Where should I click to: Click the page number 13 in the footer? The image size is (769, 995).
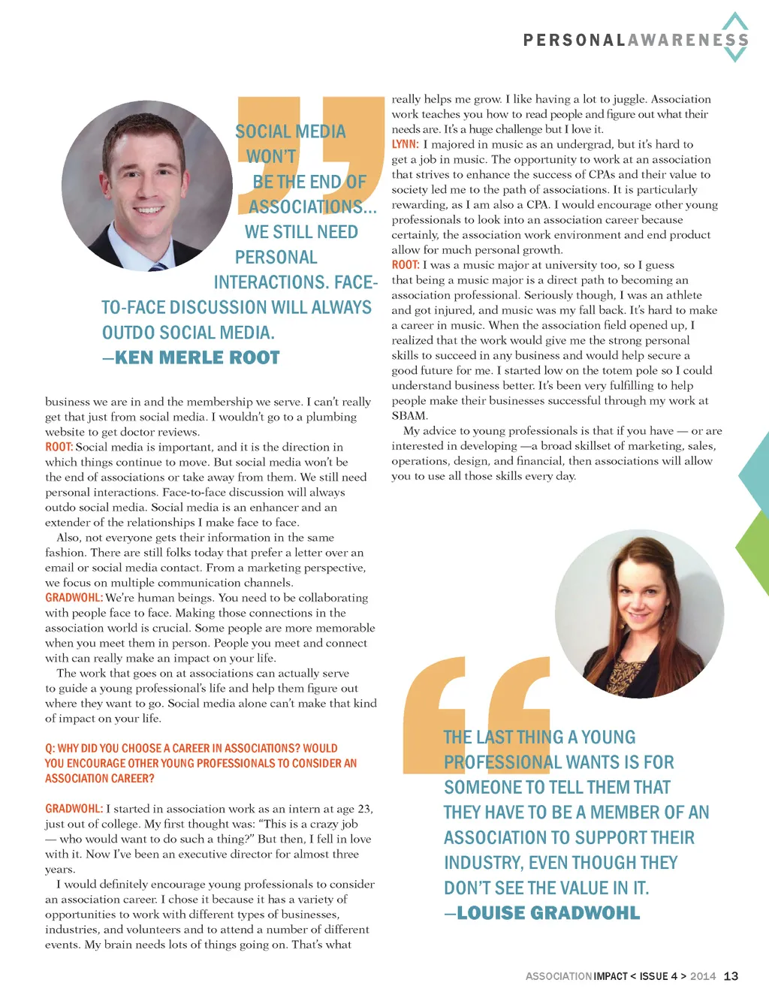[x=731, y=976]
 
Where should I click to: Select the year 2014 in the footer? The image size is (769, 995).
[x=703, y=976]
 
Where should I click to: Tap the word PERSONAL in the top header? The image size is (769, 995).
[x=574, y=41]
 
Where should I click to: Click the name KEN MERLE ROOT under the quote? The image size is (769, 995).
[x=198, y=358]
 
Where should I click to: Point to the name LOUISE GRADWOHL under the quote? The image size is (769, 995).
[x=548, y=913]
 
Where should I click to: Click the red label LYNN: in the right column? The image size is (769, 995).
[x=405, y=144]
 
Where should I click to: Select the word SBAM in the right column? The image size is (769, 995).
[x=409, y=415]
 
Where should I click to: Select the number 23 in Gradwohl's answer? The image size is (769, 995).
[x=364, y=809]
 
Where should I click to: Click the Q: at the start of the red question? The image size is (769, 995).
[x=50, y=748]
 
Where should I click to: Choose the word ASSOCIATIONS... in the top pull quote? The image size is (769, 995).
[x=312, y=207]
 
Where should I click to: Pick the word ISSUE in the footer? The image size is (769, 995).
[x=653, y=976]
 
